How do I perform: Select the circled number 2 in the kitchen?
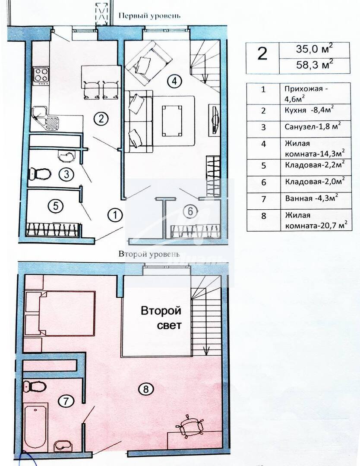coord(101,119)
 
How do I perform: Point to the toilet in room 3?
coord(40,173)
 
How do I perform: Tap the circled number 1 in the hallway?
coord(115,214)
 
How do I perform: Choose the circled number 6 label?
coord(190,211)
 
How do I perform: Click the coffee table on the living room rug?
coord(172,120)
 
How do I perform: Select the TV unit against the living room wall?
coord(215,120)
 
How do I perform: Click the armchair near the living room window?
coord(148,62)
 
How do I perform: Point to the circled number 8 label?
coord(145,389)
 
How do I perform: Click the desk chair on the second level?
coord(190,425)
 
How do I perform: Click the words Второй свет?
coord(161,318)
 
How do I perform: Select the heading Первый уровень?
coord(149,16)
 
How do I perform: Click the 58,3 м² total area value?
coord(315,64)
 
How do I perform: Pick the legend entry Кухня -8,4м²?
coord(309,110)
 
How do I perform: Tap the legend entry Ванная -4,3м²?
coord(311,198)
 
